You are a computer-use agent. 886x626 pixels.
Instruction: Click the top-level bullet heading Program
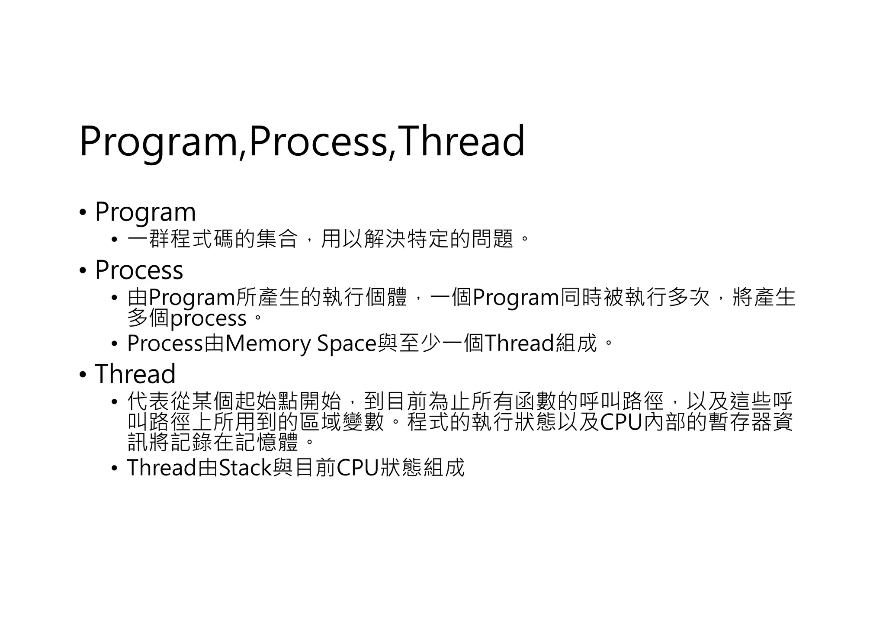click(145, 212)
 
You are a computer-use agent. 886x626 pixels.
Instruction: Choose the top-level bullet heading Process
click(139, 270)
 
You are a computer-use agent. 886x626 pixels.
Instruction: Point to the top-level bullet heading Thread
click(135, 374)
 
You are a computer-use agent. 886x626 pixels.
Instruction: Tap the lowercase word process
click(209, 319)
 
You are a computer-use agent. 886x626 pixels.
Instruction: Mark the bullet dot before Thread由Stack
click(114, 469)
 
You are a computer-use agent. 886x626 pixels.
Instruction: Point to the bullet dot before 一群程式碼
click(114, 239)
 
